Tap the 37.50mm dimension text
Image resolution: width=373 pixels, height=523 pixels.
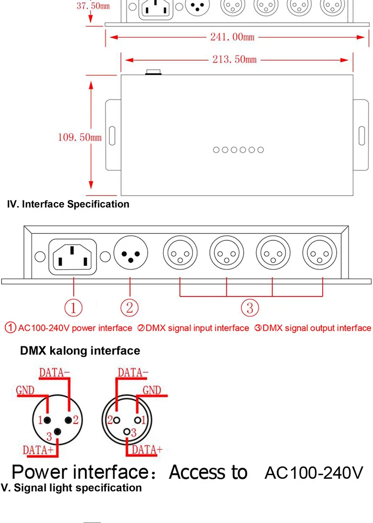[x=93, y=6]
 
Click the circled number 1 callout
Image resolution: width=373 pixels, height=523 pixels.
[x=74, y=308]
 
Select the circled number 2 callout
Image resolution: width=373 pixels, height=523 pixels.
[x=129, y=308]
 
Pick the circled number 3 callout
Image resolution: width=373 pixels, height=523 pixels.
[x=250, y=308]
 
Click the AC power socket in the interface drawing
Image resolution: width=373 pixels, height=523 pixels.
[x=74, y=257]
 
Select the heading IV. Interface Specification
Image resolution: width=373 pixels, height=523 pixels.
[x=68, y=204]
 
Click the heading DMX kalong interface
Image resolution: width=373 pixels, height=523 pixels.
[x=80, y=351]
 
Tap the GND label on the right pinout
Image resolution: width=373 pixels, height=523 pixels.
[x=152, y=390]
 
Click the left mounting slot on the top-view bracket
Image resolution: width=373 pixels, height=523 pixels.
[x=112, y=135]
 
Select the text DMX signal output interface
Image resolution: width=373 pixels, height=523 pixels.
[x=316, y=328]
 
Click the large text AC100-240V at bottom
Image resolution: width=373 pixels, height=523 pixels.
[x=314, y=472]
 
